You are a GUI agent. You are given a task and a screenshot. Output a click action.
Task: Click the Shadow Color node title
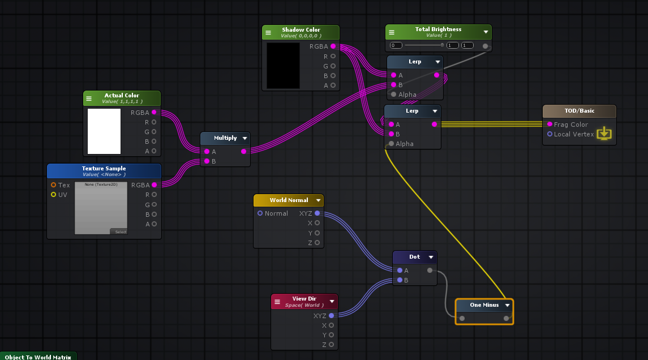coord(301,30)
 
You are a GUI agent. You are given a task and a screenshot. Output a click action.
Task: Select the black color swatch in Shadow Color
coord(283,66)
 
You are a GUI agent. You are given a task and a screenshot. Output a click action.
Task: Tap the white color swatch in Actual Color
coord(104,131)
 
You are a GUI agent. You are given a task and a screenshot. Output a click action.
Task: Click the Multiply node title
coord(225,138)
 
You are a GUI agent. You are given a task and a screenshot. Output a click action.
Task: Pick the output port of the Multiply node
coord(244,152)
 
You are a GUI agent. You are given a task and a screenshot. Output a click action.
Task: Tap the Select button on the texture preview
coord(121,232)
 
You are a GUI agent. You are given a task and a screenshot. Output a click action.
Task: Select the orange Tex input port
coord(54,185)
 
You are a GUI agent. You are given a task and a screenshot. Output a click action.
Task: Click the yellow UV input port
coord(54,195)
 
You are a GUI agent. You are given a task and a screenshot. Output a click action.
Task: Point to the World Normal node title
coord(289,200)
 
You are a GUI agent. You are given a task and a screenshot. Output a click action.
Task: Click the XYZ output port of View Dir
coord(331,316)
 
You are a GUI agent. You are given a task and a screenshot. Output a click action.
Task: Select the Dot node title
coord(415,257)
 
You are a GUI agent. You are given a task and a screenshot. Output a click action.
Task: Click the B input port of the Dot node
coord(400,280)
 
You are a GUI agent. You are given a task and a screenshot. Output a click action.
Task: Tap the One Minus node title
coord(484,305)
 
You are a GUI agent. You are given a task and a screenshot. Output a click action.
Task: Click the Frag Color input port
coord(550,125)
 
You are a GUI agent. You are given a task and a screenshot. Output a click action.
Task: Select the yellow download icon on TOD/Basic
coord(604,133)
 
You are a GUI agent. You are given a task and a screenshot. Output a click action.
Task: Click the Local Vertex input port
coord(550,134)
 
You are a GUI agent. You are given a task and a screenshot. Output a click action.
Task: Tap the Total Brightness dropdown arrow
coord(486,32)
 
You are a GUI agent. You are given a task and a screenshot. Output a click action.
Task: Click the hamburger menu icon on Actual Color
coord(89,98)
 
